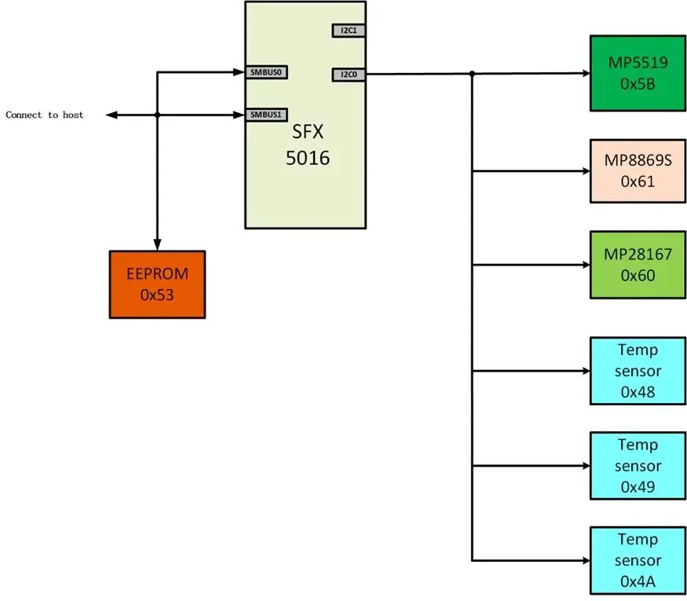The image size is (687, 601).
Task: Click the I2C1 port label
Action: point(349,31)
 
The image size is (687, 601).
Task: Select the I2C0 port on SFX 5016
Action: point(349,75)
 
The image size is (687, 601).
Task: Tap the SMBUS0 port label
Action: point(266,72)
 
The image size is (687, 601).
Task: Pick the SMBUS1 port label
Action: point(266,115)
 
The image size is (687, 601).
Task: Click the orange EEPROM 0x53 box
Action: point(157,284)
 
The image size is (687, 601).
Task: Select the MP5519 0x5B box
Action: point(638,73)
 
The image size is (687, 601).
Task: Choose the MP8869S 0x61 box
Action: point(638,171)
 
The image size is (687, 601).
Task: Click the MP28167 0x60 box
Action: point(638,265)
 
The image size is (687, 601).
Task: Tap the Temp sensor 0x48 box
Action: point(638,371)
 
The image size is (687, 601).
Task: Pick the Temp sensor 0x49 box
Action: point(638,466)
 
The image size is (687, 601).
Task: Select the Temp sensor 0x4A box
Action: point(638,560)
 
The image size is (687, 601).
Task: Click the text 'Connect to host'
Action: point(44,115)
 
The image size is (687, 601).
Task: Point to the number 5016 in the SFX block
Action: point(308,158)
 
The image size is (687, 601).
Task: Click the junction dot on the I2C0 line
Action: point(472,74)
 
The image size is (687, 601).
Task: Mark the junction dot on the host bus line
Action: point(157,115)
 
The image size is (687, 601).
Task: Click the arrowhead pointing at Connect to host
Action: point(111,115)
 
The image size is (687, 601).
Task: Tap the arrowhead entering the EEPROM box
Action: point(157,245)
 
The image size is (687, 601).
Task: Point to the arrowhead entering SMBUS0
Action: point(239,72)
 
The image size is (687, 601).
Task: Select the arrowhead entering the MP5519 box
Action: point(587,73)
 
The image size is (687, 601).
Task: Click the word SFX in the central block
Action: point(308,131)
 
